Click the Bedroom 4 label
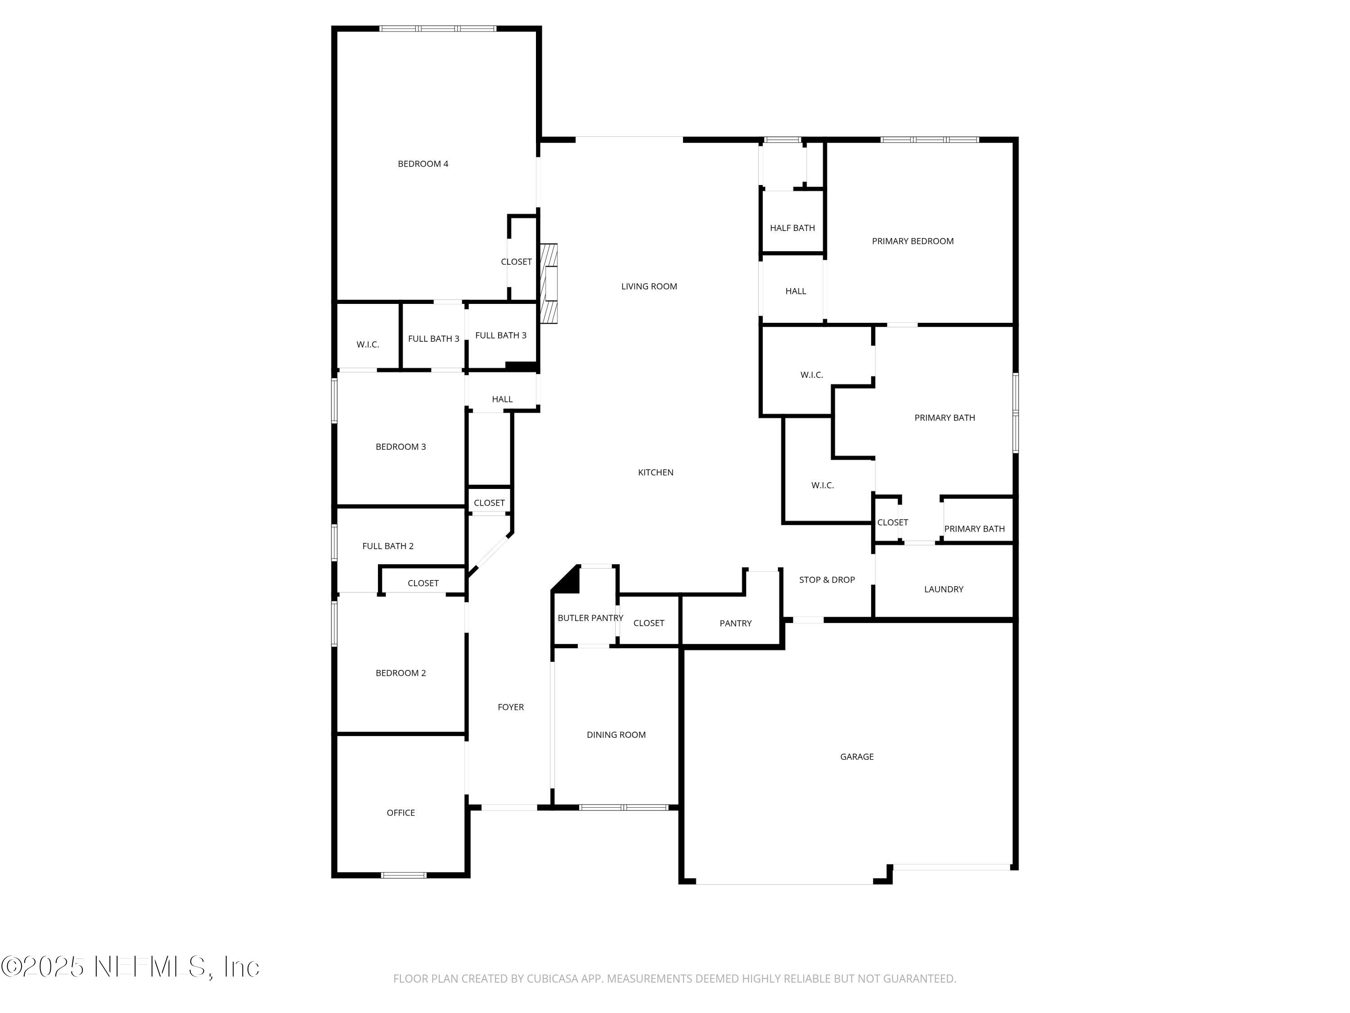point(423,163)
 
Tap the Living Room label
point(649,286)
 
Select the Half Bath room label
point(792,228)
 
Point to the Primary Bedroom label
point(913,241)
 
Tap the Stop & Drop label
point(827,579)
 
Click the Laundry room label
point(944,589)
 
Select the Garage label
point(857,756)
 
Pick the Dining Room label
point(616,735)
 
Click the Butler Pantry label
point(590,618)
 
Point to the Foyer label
point(511,707)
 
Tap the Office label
point(400,813)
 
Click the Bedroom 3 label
point(400,447)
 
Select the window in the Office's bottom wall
point(403,875)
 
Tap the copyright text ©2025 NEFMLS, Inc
point(130,967)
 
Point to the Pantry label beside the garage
point(735,624)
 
